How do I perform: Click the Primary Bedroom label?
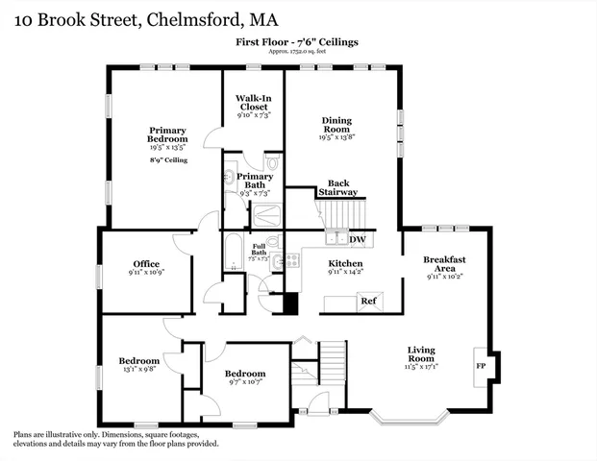tap(166, 135)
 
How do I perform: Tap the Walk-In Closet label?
tap(254, 102)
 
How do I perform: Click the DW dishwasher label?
tap(358, 240)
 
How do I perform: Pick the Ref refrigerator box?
tap(368, 301)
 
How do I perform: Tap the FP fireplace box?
tap(480, 366)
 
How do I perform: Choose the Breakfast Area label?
tap(444, 263)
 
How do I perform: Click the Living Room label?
tap(422, 354)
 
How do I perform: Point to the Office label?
tap(146, 264)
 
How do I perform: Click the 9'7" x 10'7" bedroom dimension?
tap(244, 382)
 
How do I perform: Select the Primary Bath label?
tap(255, 181)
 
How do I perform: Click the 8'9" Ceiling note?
tap(167, 159)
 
